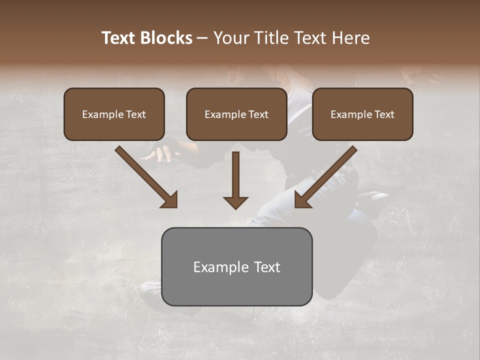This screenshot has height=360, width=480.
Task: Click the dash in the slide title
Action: (202, 38)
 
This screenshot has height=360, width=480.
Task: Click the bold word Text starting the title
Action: (119, 38)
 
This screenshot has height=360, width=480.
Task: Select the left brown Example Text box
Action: (114, 114)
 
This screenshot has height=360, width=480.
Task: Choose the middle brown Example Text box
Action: (236, 114)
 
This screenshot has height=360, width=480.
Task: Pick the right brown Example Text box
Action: (362, 114)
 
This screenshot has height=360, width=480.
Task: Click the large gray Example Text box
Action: (236, 266)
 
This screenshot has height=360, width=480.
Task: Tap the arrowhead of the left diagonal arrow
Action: (170, 200)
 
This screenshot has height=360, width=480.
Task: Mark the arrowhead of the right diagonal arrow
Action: (302, 200)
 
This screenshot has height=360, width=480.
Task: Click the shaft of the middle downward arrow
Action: (235, 172)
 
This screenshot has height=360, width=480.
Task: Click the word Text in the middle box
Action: (258, 114)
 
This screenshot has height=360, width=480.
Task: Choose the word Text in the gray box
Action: (267, 267)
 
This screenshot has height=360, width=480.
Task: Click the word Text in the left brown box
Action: (136, 114)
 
